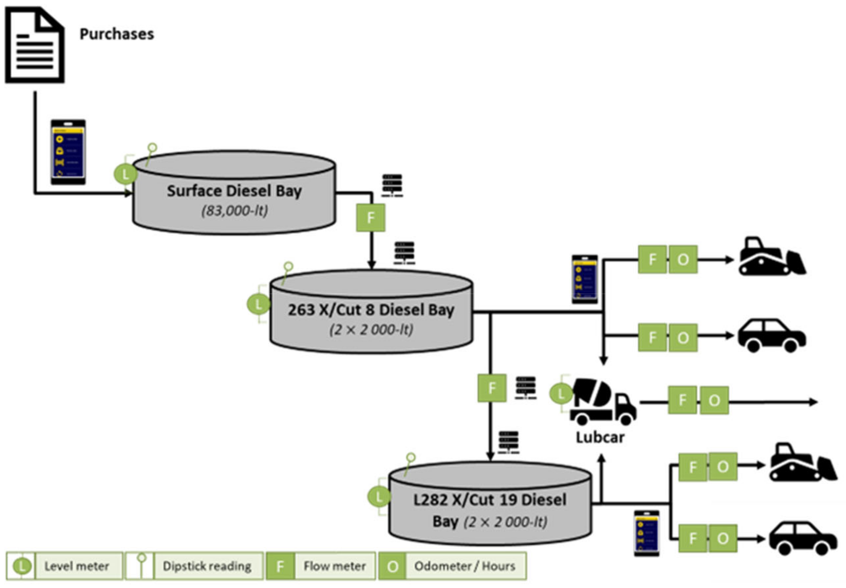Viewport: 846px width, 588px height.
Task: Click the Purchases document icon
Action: tap(35, 45)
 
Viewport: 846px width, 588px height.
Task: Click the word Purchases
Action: tap(117, 34)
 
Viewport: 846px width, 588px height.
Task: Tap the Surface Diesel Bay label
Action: tap(234, 191)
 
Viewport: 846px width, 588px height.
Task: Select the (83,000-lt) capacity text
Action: tap(234, 211)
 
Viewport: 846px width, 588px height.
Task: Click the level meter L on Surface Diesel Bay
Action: tap(126, 174)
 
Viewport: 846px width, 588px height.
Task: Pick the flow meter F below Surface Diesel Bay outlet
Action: tap(370, 218)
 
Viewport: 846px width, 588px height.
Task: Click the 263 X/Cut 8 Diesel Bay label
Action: tap(371, 310)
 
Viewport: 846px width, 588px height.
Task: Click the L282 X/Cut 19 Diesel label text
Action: tap(490, 500)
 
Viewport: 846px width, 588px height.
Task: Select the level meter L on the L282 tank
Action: tap(379, 497)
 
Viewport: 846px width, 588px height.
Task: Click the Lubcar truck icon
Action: tap(603, 402)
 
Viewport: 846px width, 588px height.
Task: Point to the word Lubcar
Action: tap(600, 437)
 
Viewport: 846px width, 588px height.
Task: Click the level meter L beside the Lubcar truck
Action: tap(560, 394)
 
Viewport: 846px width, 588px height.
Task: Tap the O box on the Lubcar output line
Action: tap(714, 400)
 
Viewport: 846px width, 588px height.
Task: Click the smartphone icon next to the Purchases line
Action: tap(68, 152)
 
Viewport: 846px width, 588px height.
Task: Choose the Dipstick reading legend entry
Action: tap(194, 566)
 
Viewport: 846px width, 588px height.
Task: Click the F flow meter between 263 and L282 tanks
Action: tap(492, 388)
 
